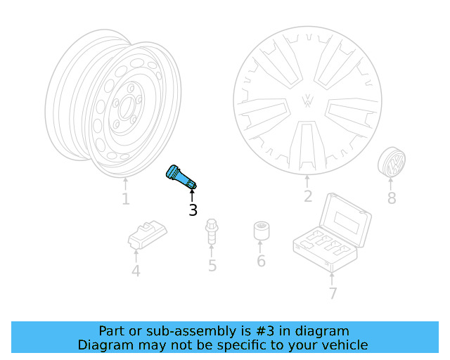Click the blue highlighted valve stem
[180, 176]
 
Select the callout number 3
[193, 210]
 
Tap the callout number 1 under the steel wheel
[125, 199]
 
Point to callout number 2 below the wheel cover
[307, 196]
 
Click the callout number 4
[136, 271]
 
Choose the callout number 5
[212, 266]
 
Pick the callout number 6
[261, 262]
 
